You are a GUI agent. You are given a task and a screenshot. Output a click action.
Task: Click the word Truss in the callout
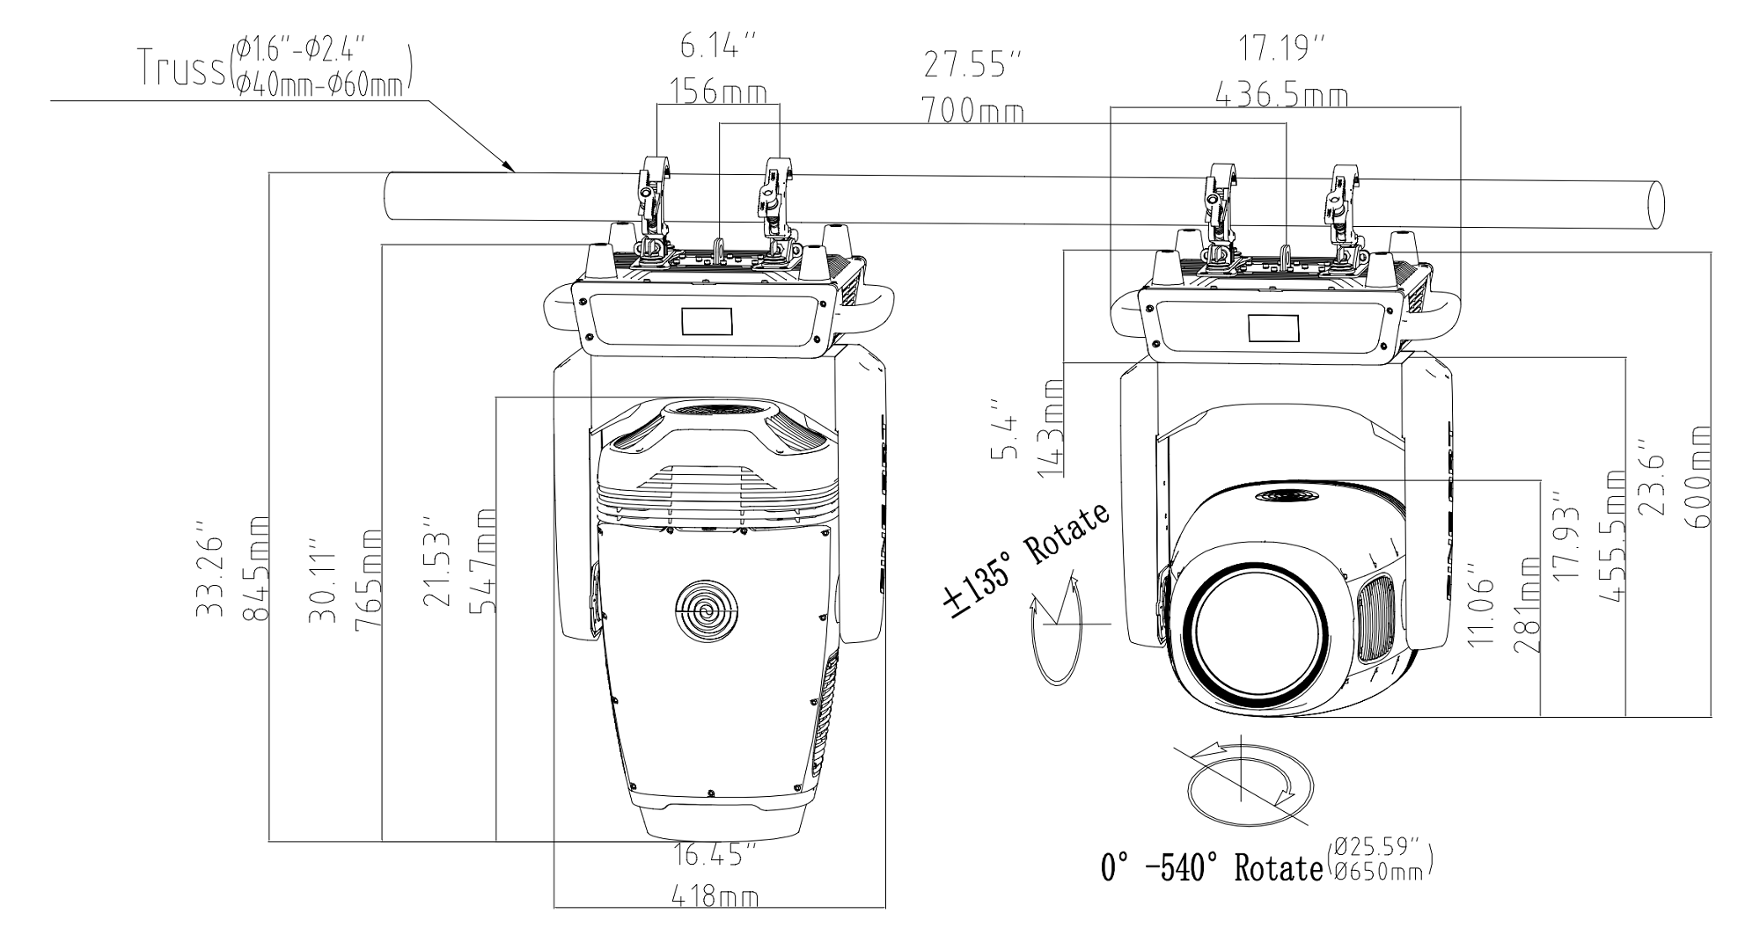[x=180, y=68]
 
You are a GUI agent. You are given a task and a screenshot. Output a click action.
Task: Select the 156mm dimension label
[x=718, y=91]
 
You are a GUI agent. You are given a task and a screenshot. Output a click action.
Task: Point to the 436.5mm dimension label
[x=1281, y=94]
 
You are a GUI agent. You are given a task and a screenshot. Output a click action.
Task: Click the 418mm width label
[x=715, y=897]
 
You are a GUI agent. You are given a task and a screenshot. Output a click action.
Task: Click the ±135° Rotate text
[x=1026, y=562]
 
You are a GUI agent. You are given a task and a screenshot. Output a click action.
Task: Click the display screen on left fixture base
[x=707, y=321]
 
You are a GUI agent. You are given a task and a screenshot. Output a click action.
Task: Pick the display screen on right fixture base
[x=1274, y=327]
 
